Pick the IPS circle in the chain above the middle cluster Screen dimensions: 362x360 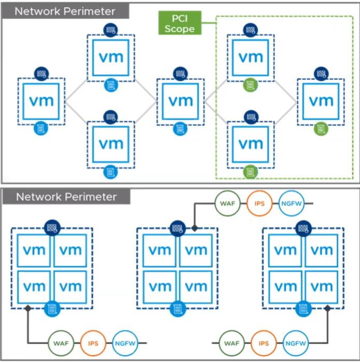coord(260,204)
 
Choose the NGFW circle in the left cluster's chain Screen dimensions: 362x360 coord(125,343)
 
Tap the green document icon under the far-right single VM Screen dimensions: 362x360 coord(320,127)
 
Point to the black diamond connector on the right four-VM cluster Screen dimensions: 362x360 coord(327,309)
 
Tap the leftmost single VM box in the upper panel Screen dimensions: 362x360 coord(41,100)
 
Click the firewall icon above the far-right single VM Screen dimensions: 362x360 coord(320,73)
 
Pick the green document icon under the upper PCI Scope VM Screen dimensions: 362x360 coord(250,85)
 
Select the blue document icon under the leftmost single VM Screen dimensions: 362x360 coord(41,127)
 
